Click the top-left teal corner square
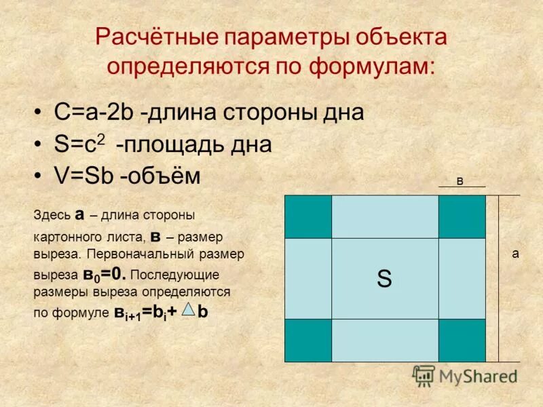tap(308, 216)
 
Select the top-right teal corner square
tap(462, 216)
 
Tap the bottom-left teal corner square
tap(308, 340)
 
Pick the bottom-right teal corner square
tap(462, 340)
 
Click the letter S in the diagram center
tap(384, 279)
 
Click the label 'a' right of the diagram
tap(515, 253)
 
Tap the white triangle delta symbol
tap(190, 309)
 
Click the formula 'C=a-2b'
tap(94, 113)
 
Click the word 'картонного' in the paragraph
tap(62, 237)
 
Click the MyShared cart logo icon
tap(424, 376)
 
